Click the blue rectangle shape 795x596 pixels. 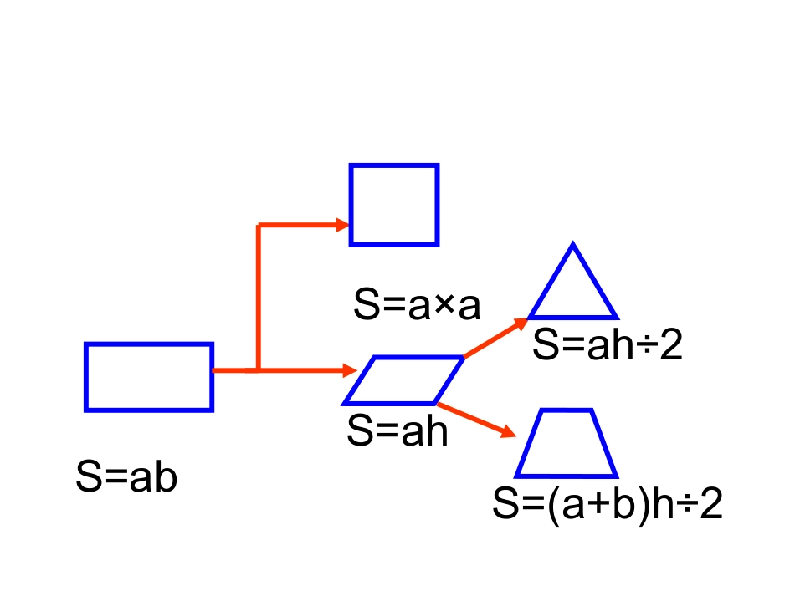point(86,377)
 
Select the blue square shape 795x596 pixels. point(351,205)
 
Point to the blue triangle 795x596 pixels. point(573,318)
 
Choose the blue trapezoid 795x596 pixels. point(567,476)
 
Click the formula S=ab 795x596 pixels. point(126,476)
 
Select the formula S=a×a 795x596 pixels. point(417,303)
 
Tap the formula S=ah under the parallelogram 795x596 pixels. point(397,430)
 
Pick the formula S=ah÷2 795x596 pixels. point(608,344)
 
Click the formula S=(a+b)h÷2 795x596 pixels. point(608,503)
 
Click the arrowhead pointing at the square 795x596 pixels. point(343,225)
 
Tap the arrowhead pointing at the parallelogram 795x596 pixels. point(350,370)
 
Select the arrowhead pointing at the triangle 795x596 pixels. point(521,323)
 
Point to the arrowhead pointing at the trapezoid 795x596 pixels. point(509,432)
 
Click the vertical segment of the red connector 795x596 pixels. point(259,298)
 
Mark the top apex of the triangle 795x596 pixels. point(573,242)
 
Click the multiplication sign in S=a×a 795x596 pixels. point(444,304)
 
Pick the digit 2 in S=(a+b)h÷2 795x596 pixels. point(710,502)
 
